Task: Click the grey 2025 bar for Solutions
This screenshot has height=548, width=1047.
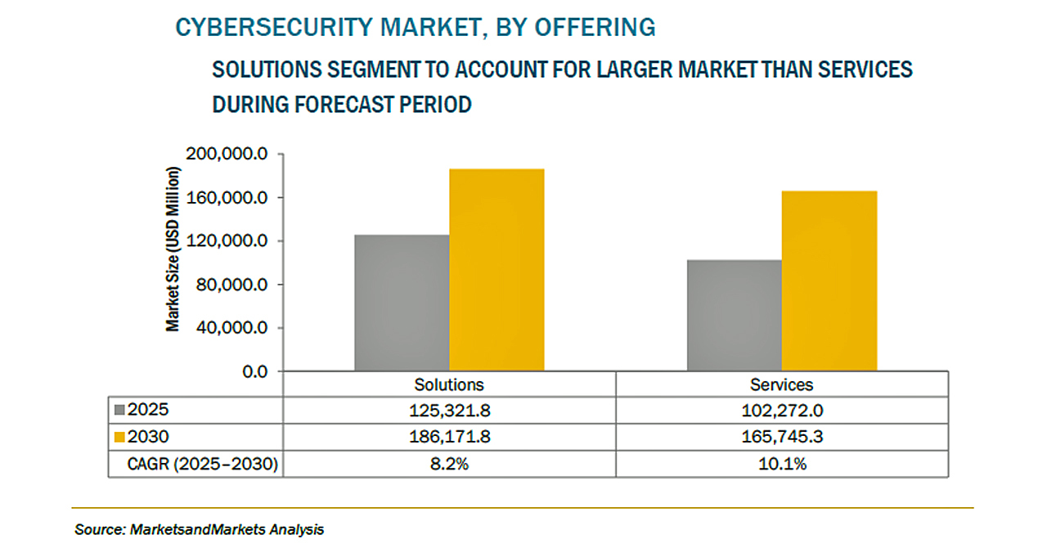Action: pos(402,303)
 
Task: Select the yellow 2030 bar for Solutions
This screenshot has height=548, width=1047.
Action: pos(497,270)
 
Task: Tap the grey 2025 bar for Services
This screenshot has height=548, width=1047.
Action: pos(734,316)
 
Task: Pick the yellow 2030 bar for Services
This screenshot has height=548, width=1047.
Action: pos(829,281)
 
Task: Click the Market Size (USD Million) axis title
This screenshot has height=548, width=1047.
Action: pos(173,249)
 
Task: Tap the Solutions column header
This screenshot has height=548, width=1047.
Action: pos(449,384)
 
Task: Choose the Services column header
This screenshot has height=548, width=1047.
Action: pos(782,384)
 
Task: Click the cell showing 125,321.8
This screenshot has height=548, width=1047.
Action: pos(449,411)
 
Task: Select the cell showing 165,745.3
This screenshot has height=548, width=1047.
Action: pos(782,438)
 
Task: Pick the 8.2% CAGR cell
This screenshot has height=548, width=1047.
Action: pos(449,465)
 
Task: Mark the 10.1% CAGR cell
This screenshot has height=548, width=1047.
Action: pos(782,465)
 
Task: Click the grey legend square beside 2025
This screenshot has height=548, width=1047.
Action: pos(119,411)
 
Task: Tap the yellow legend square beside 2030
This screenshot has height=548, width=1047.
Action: pos(119,438)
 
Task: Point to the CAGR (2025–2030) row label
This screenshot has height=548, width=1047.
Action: pos(202,465)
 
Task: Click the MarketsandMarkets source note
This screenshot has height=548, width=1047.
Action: pos(199,529)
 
